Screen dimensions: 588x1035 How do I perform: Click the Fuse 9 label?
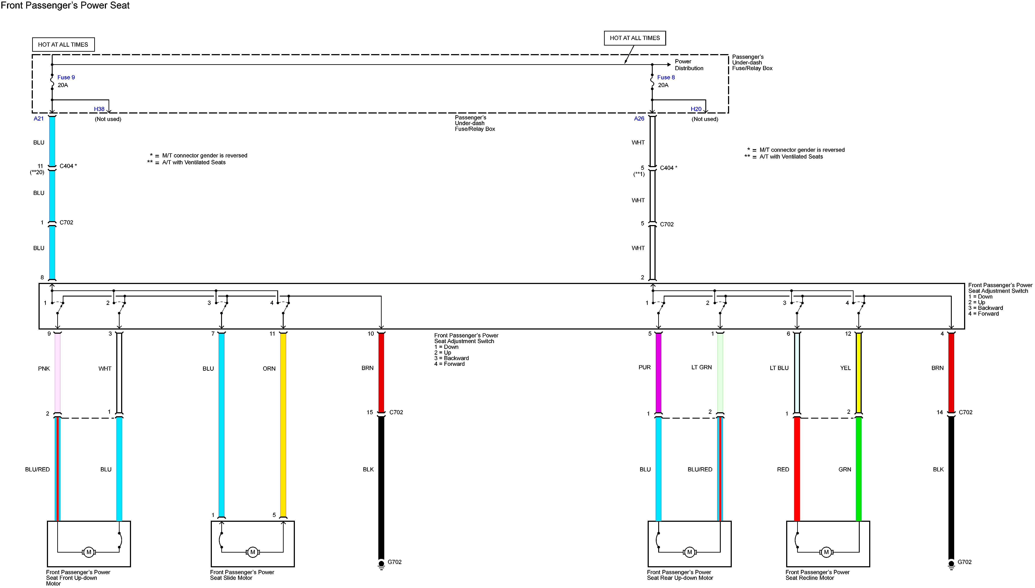point(66,77)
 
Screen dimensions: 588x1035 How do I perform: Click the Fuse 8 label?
point(666,77)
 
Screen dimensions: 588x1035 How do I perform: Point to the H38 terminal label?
point(99,109)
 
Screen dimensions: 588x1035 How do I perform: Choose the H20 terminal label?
point(696,109)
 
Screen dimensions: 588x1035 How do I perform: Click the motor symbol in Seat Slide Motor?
point(253,552)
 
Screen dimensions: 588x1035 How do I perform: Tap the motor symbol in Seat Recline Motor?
point(826,552)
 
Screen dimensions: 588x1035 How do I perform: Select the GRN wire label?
point(845,469)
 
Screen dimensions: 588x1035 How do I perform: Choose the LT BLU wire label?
point(779,368)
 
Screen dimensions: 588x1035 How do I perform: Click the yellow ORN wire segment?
point(283,424)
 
